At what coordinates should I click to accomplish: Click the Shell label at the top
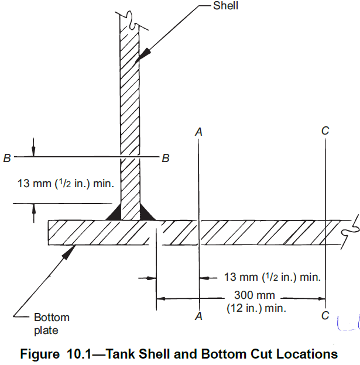coord(225,6)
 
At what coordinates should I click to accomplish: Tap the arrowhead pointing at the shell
coord(143,55)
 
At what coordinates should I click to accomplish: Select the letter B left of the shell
coord(7,158)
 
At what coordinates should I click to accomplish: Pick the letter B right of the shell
coord(166,158)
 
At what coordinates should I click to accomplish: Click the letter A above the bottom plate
coord(198,132)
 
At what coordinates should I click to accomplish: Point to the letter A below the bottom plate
coord(198,316)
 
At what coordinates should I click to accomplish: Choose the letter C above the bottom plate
coord(325,130)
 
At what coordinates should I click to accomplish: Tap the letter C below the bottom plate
coord(325,315)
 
